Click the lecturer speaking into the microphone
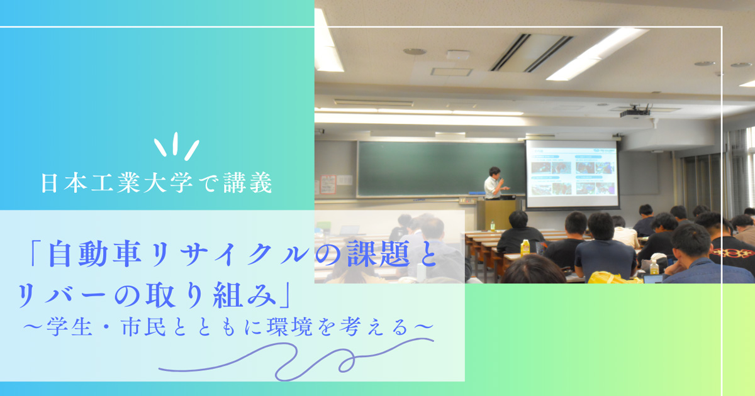coord(495,183)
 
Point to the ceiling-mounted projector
coord(635,111)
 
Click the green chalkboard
coord(441,168)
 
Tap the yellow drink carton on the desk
coord(525,248)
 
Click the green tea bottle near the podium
coord(493,226)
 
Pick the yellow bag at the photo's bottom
coord(613,277)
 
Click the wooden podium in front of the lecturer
coord(496,214)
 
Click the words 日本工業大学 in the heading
coord(116,183)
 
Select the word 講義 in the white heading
coord(248,183)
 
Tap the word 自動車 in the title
coord(95,253)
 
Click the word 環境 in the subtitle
coord(290,327)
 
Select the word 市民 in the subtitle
coord(144,327)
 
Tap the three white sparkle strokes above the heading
coord(177,146)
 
